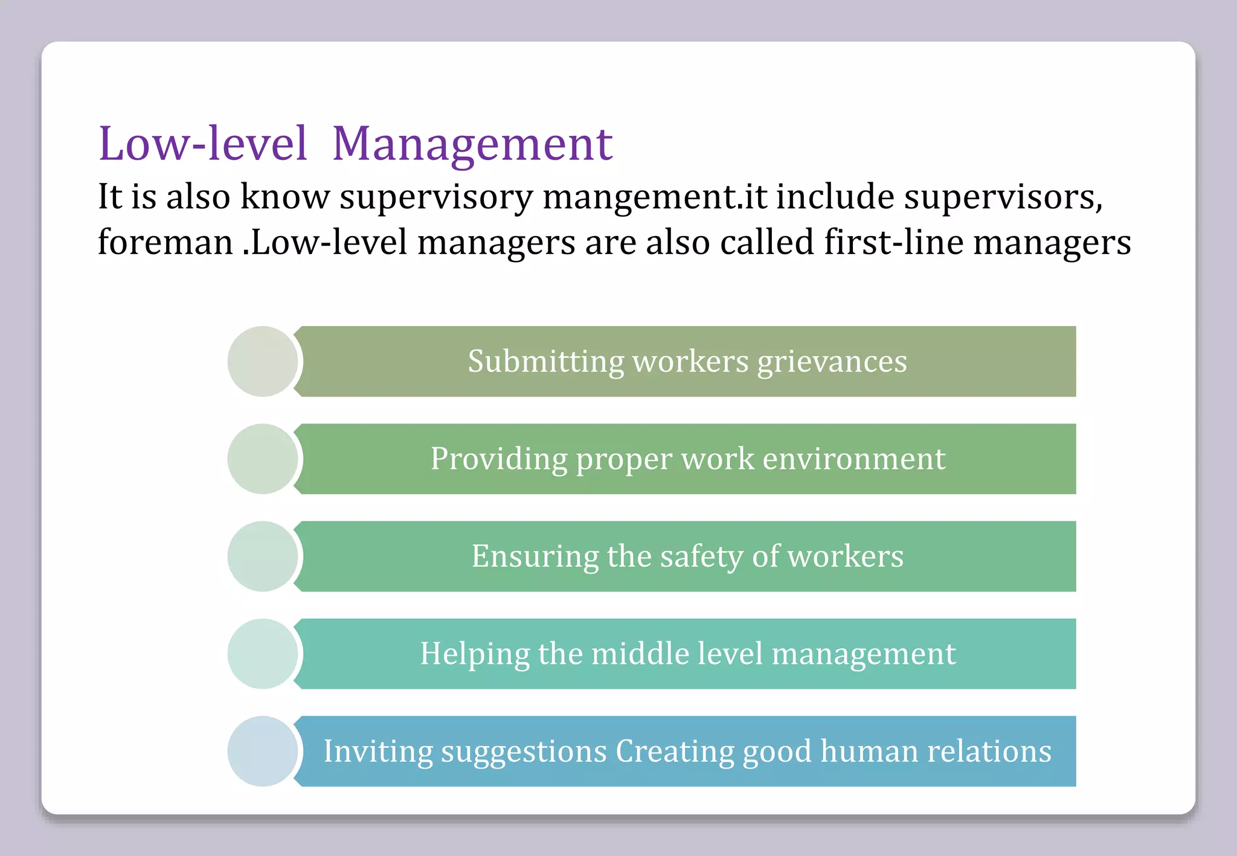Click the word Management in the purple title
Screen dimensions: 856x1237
click(x=472, y=145)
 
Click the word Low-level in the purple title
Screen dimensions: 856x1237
click(x=203, y=145)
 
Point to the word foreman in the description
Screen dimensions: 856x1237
click(x=165, y=243)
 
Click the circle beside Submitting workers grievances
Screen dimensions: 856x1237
click(x=263, y=362)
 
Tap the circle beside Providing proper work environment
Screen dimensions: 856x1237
click(x=263, y=459)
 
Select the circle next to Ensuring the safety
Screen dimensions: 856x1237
click(x=263, y=556)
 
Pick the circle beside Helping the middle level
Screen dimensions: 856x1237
click(x=263, y=654)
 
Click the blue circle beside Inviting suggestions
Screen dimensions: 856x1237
click(x=263, y=751)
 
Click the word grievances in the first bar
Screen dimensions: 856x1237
click(x=832, y=362)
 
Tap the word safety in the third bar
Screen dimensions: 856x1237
click(x=701, y=557)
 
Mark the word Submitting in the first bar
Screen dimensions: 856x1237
click(x=546, y=362)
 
